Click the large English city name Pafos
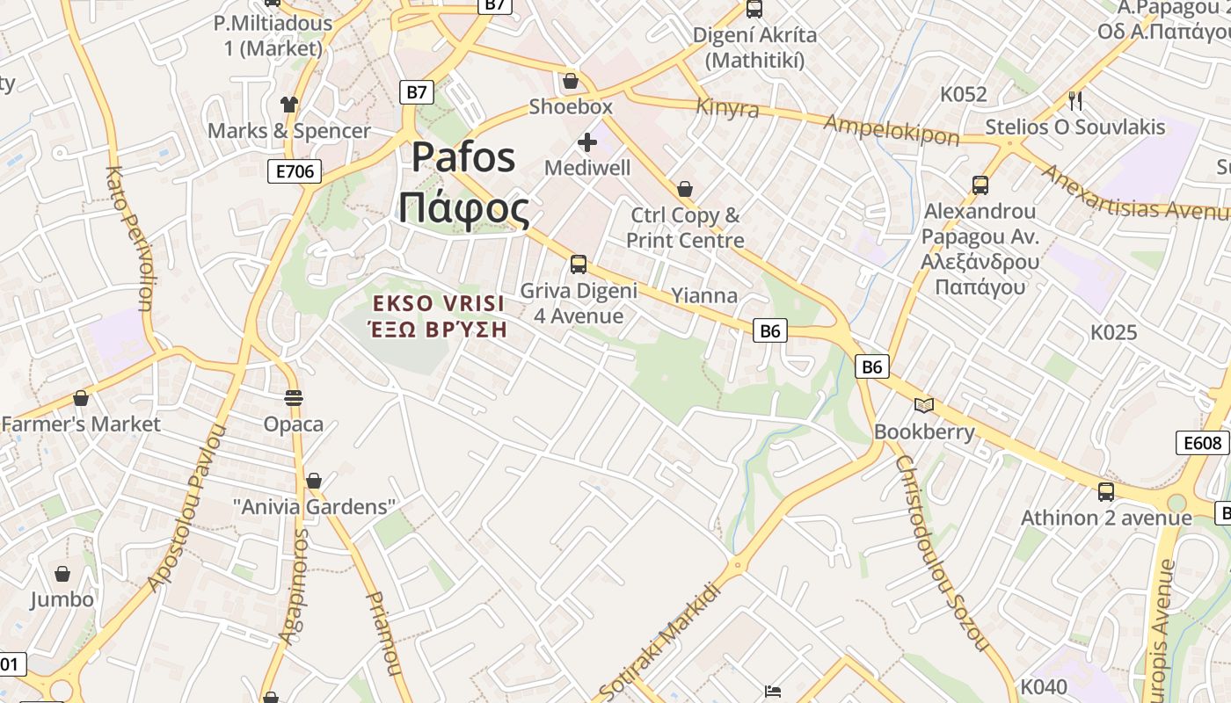point(463,157)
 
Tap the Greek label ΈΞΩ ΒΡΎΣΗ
point(438,330)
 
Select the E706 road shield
point(295,171)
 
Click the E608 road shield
point(1202,443)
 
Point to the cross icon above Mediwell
point(587,142)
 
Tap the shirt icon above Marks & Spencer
point(289,105)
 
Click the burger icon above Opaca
point(294,398)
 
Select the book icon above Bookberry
point(924,405)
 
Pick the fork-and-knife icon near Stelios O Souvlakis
point(1074,100)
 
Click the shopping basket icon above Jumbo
point(62,574)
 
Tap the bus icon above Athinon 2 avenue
point(1106,491)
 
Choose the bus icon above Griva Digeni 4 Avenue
point(578,264)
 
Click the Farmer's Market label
point(81,424)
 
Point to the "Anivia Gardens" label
point(314,507)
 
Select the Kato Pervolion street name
point(129,238)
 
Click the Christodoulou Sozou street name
point(941,554)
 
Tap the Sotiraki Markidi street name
point(660,641)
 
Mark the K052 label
point(964,94)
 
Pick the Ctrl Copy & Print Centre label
point(685,228)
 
